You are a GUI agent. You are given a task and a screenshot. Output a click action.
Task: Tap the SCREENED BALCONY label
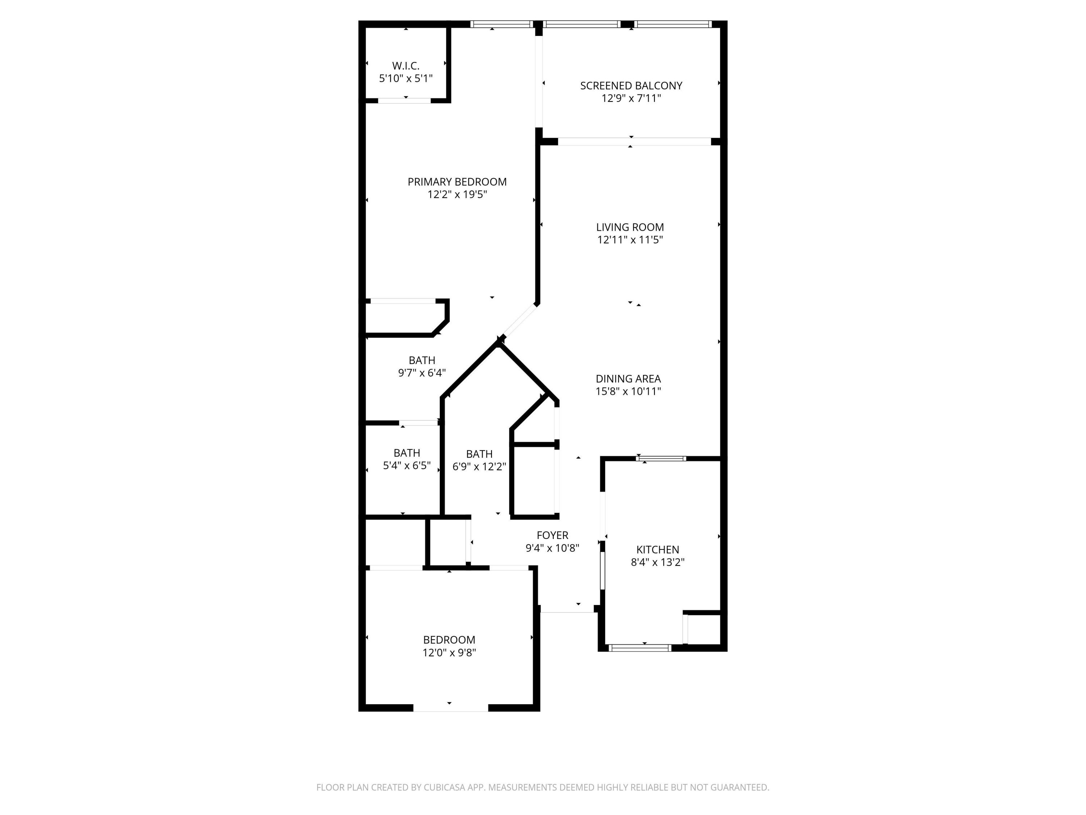click(631, 86)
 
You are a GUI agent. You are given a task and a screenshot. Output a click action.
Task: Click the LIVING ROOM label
click(630, 227)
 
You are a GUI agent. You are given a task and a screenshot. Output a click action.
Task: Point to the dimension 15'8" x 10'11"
click(628, 392)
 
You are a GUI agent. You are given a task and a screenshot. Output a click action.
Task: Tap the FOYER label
click(552, 535)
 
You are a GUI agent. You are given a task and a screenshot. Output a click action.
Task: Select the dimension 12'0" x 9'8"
click(449, 652)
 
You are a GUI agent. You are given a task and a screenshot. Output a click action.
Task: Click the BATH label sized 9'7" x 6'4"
click(422, 360)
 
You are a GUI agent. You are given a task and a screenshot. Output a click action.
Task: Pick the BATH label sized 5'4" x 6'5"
click(407, 453)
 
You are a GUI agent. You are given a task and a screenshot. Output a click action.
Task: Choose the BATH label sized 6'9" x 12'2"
click(479, 454)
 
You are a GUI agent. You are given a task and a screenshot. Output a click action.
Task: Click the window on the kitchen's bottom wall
click(640, 648)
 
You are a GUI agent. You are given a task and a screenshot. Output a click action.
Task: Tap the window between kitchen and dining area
click(661, 458)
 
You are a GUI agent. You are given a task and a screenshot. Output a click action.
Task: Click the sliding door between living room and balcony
click(634, 142)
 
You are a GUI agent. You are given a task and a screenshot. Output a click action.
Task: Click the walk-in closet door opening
click(404, 101)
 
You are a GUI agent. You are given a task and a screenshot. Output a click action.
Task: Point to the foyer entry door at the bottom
click(567, 612)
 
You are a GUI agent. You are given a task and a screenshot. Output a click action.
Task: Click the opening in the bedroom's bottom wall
click(450, 707)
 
